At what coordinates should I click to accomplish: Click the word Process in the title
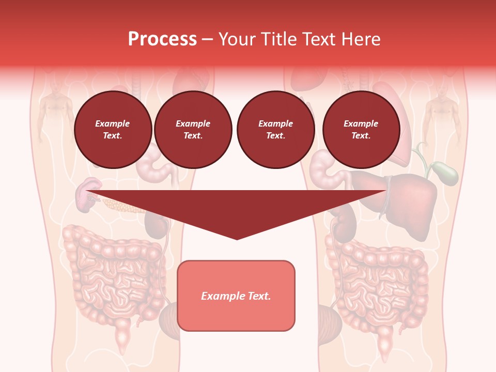pos(162,39)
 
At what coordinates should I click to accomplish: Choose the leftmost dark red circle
pos(113,130)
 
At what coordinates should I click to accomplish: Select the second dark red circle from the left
pos(193,130)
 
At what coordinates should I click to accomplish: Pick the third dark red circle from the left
pos(275,130)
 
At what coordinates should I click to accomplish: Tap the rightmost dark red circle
pos(361,130)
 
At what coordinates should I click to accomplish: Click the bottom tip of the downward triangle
pos(237,238)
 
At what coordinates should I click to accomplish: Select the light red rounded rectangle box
pos(236,296)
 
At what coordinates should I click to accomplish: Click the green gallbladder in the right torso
pos(445,173)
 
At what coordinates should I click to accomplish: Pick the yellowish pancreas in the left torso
pos(122,206)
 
